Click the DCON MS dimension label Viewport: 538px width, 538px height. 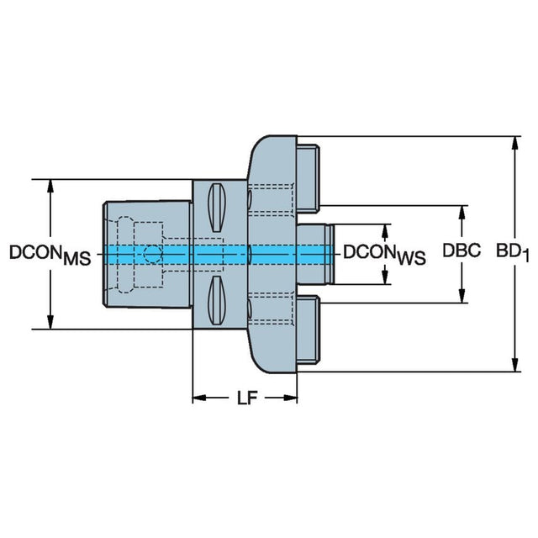point(49,254)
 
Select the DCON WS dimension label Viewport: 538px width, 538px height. point(383,254)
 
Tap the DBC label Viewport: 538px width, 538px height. point(462,251)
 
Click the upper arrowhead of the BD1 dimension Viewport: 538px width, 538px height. point(514,142)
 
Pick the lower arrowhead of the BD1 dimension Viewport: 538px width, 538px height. point(514,364)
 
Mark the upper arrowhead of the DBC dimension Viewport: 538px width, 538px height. point(462,210)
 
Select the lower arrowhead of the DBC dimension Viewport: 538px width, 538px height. point(462,296)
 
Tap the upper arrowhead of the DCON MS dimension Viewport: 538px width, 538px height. point(51,185)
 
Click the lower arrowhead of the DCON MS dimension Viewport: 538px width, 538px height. point(51,323)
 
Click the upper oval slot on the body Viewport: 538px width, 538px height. point(215,205)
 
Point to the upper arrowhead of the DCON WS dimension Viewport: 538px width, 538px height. point(386,229)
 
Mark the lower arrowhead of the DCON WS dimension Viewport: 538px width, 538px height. point(386,277)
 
